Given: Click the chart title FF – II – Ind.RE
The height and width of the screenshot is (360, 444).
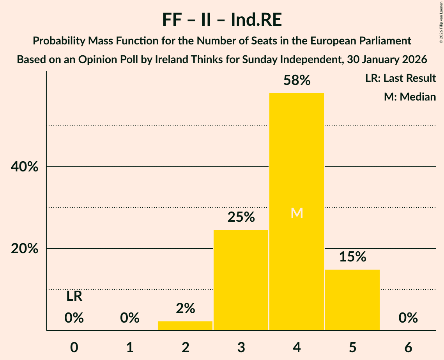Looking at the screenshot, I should pyautogui.click(x=222, y=20).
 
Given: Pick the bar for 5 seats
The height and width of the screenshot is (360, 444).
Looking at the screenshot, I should pyautogui.click(x=352, y=300).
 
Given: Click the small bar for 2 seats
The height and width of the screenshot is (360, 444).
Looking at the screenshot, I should pyautogui.click(x=185, y=326).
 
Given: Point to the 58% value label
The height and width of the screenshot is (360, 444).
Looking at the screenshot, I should pyautogui.click(x=297, y=81).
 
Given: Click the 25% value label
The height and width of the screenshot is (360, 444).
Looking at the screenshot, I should pyautogui.click(x=241, y=217).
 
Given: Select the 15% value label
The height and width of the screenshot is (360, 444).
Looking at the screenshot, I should pyautogui.click(x=352, y=257).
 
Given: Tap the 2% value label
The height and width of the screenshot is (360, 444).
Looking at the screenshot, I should pyautogui.click(x=185, y=309).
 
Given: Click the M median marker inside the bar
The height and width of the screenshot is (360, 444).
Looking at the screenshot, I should pyautogui.click(x=297, y=213).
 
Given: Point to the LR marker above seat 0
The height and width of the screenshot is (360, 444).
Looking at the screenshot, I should pyautogui.click(x=74, y=296).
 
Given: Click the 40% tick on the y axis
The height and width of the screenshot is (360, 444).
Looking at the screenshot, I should pyautogui.click(x=24, y=167).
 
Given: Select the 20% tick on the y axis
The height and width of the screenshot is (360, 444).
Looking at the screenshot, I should pyautogui.click(x=24, y=249).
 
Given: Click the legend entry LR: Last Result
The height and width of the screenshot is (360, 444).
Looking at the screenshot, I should pyautogui.click(x=400, y=78).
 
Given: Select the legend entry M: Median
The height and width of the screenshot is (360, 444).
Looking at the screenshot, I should pyautogui.click(x=410, y=97).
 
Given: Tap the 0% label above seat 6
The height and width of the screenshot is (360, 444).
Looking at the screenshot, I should pyautogui.click(x=408, y=318).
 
